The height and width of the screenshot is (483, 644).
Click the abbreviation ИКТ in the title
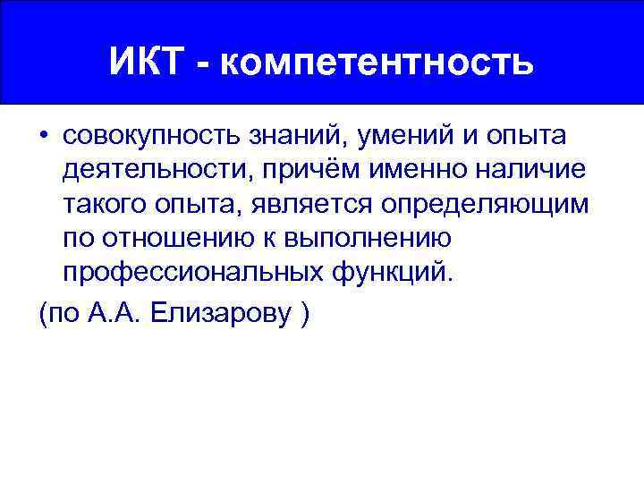coord(149,63)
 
